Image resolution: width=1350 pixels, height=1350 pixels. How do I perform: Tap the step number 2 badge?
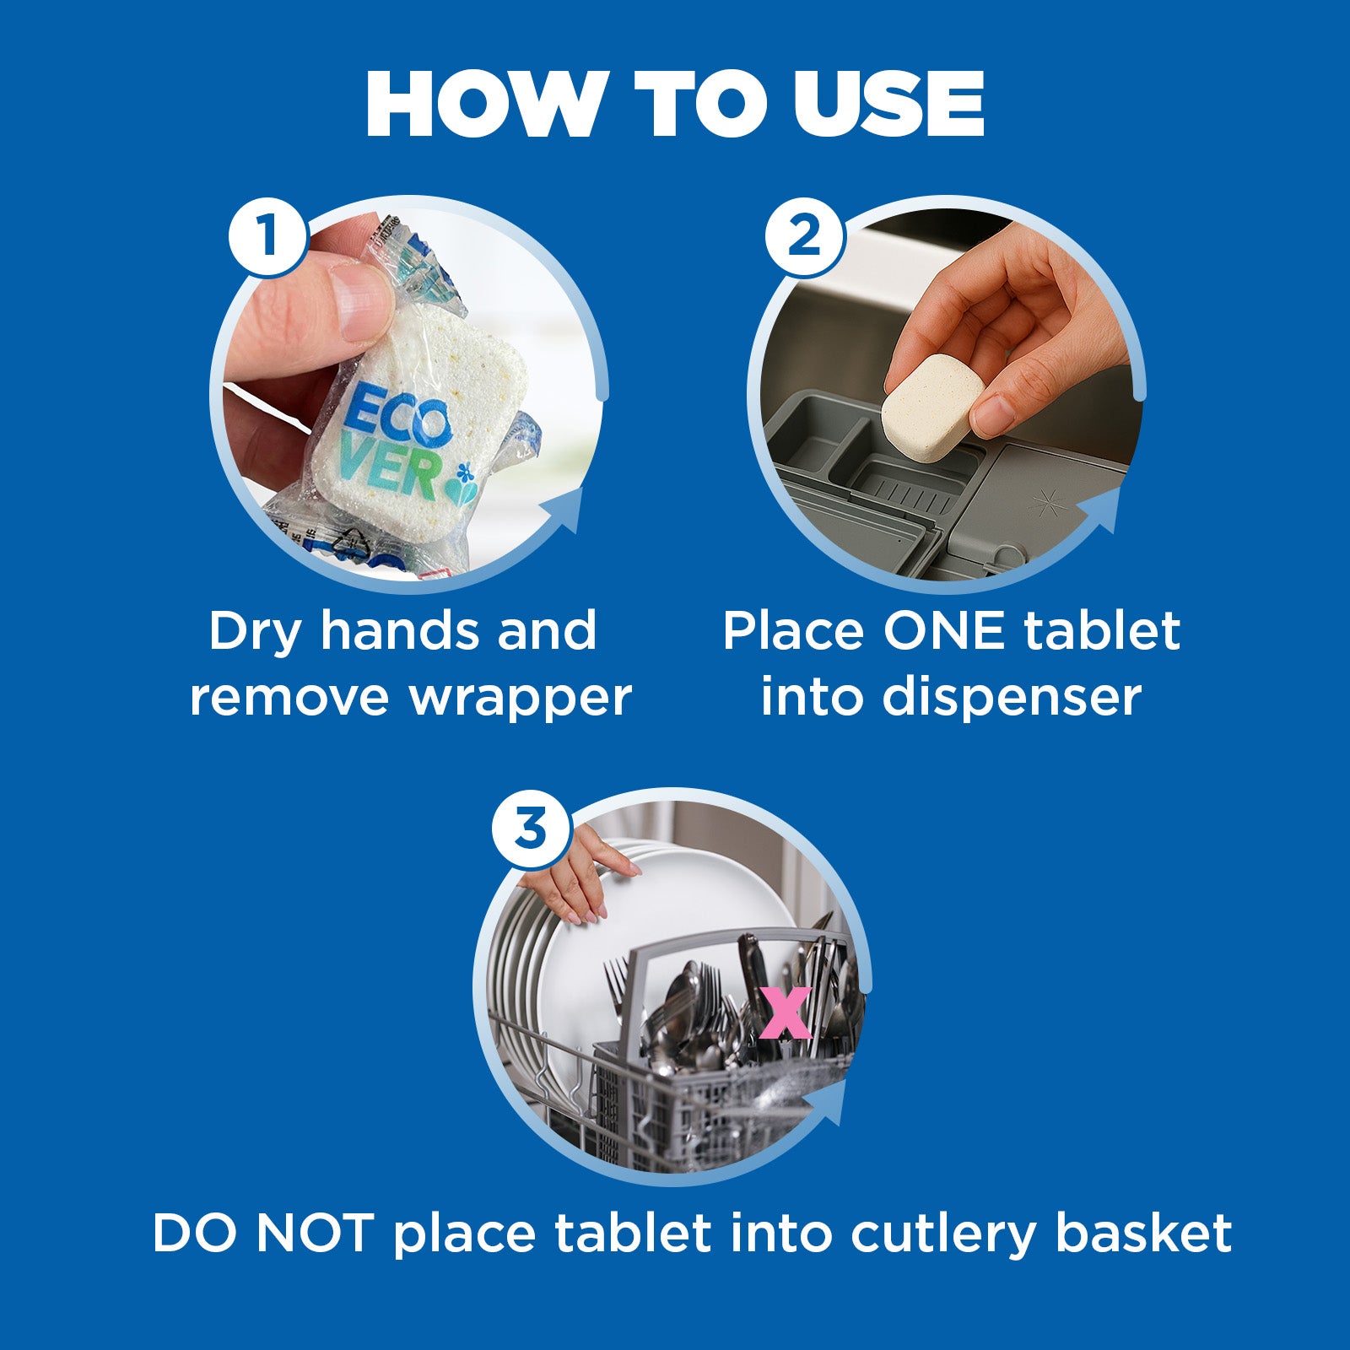pos(804,234)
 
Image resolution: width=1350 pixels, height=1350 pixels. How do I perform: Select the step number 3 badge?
pos(531,828)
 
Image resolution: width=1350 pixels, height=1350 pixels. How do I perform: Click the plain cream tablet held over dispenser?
pos(933,408)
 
